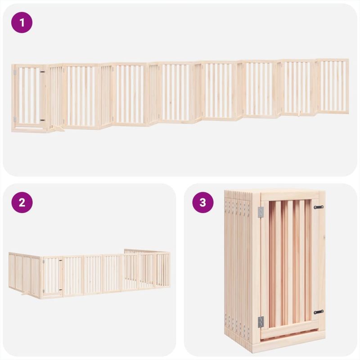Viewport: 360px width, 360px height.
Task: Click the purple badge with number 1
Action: click(22, 22)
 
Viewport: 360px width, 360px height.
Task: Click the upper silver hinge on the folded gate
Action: click(261, 212)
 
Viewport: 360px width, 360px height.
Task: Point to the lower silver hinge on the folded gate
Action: click(261, 321)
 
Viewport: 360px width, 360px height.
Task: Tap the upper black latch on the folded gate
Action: click(319, 207)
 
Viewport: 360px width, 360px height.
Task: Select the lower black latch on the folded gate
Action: click(319, 312)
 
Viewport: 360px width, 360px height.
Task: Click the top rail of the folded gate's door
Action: click(290, 196)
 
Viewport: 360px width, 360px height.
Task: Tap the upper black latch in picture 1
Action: click(42, 72)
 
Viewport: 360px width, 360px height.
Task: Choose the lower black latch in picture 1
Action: click(42, 120)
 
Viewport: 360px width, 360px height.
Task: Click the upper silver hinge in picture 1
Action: click(14, 72)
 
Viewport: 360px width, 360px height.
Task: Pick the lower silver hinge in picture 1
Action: click(14, 119)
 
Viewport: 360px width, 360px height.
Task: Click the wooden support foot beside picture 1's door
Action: click(58, 130)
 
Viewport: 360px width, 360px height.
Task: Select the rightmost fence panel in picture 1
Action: click(333, 85)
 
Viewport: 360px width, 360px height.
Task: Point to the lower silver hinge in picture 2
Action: click(42, 290)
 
